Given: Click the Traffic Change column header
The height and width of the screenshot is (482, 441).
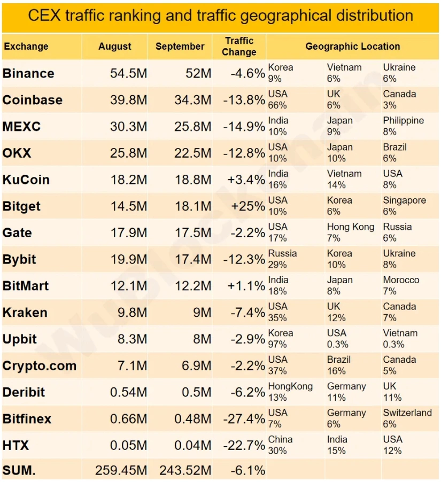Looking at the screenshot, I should point(239,46).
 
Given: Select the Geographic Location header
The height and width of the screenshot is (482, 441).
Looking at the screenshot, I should point(352,46).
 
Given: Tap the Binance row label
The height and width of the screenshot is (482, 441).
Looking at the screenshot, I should point(28,73).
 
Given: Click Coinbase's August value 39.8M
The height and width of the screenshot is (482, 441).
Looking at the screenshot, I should point(128,100).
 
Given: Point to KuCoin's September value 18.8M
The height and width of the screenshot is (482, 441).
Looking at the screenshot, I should point(192,180).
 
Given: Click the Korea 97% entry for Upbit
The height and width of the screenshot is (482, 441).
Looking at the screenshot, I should point(281,339).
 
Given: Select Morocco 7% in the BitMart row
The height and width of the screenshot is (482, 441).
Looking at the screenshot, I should point(401,285).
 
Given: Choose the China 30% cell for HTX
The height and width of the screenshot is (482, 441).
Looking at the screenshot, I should point(281,445).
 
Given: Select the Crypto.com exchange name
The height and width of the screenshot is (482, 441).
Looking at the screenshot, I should point(40,366).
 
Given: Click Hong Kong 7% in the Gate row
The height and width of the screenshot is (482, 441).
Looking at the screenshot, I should point(351,232).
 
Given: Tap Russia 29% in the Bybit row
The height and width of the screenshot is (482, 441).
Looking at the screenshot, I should point(282,259).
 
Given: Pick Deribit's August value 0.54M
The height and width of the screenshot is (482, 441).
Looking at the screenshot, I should point(128,392).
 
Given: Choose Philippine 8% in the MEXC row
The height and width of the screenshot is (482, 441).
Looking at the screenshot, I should point(403,126).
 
